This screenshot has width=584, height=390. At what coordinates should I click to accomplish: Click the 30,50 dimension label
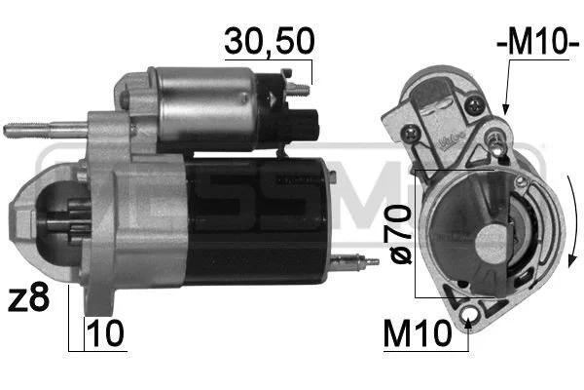coord(270,41)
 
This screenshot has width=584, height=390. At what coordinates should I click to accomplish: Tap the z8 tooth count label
coord(28,297)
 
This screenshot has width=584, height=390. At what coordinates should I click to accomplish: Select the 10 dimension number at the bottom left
coord(105,333)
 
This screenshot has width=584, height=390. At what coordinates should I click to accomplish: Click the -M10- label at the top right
coord(538,41)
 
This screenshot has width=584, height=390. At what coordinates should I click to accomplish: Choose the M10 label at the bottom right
coord(418,333)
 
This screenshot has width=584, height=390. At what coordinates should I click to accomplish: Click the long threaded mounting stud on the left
coord(46,130)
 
